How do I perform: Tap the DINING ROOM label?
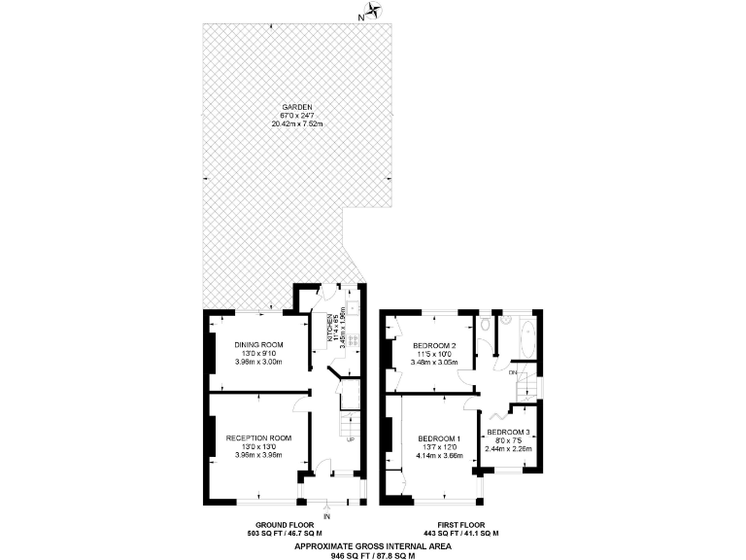click(x=258, y=345)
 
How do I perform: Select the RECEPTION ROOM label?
click(x=258, y=437)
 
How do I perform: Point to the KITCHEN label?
click(x=330, y=332)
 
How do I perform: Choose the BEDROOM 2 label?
click(x=435, y=345)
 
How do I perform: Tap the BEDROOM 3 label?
click(x=508, y=432)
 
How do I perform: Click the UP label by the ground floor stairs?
click(x=351, y=439)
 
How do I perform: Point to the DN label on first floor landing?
click(x=512, y=372)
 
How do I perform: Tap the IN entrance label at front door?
click(x=326, y=516)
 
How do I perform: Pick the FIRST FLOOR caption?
click(x=461, y=525)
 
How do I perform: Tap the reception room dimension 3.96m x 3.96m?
click(x=258, y=454)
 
